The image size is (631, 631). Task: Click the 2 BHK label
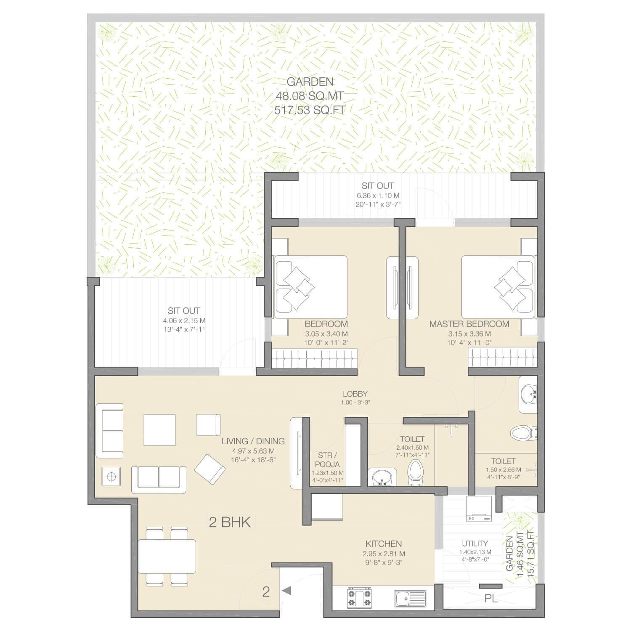tap(230, 522)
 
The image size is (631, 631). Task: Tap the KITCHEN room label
tap(384, 544)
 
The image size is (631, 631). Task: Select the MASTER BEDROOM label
tap(469, 324)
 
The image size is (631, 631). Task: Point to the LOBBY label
tap(355, 394)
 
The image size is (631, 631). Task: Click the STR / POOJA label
tap(327, 459)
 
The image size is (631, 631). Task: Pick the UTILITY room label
tap(475, 543)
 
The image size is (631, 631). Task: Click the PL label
tap(491, 598)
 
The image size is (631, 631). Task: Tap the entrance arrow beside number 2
tap(286, 591)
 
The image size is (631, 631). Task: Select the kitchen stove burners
tap(359, 598)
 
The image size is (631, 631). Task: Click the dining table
tap(167, 556)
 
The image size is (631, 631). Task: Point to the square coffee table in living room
tap(159, 430)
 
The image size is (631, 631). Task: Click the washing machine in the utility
tap(479, 509)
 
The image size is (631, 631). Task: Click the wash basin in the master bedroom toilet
tap(528, 395)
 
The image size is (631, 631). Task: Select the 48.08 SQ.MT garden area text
tap(310, 96)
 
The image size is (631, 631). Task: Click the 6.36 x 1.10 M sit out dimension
tap(378, 196)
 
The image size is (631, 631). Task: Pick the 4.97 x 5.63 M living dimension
tap(253, 451)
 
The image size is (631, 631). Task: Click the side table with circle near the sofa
tap(111, 477)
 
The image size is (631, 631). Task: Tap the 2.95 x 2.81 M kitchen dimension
tap(384, 554)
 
